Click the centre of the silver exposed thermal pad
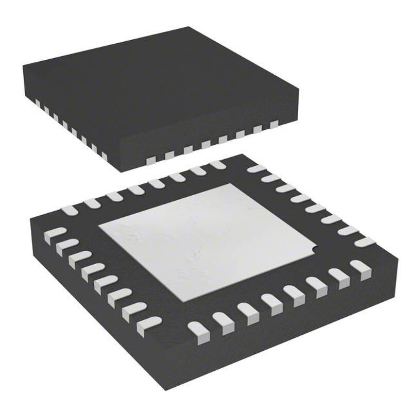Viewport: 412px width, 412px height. click(x=206, y=239)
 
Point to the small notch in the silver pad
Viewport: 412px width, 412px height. click(x=312, y=251)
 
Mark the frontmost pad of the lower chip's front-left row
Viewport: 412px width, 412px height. click(x=150, y=323)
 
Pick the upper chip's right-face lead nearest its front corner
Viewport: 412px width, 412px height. click(x=151, y=160)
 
